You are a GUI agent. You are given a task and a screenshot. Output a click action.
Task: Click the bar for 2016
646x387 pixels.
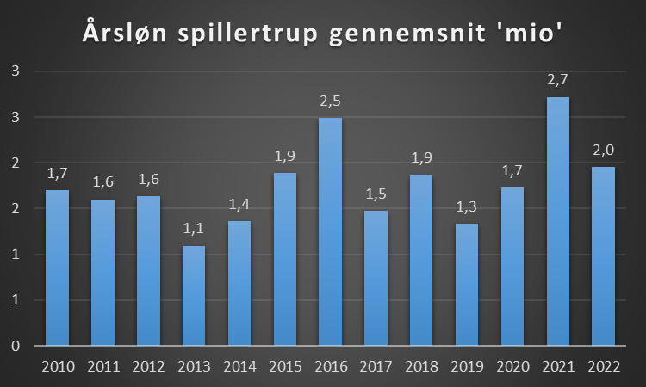(x=331, y=232)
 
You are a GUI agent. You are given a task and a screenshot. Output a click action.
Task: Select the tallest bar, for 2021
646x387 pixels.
(x=558, y=222)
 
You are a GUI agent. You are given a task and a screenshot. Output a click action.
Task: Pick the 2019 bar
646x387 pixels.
(x=467, y=285)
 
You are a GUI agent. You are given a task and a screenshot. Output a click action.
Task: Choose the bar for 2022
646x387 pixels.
(x=604, y=256)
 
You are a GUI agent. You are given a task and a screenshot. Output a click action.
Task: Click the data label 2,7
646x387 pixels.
(x=558, y=80)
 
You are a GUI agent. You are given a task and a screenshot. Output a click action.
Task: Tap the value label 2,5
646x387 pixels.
(x=331, y=101)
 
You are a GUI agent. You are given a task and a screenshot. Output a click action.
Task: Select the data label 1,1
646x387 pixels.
(x=194, y=229)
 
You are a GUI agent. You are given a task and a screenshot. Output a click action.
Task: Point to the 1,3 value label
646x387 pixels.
(x=467, y=206)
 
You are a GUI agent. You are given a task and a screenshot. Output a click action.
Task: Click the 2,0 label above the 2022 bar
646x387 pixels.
(x=604, y=150)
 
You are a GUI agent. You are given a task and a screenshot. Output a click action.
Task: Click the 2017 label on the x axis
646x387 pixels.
(x=376, y=366)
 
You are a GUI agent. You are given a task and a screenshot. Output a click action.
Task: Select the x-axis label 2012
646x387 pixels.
(x=148, y=366)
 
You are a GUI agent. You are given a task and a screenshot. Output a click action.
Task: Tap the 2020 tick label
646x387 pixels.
(x=512, y=366)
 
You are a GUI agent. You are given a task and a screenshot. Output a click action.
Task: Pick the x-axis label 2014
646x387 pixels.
(x=239, y=366)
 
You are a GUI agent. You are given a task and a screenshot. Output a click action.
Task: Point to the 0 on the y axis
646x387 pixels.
(x=16, y=346)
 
